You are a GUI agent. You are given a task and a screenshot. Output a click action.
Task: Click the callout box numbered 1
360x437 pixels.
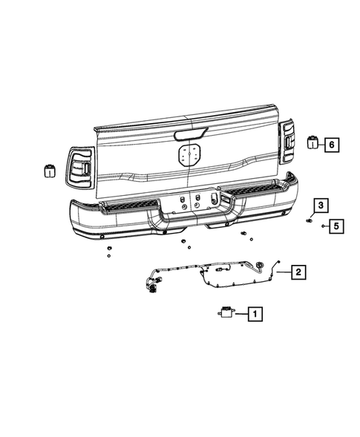[x=254, y=314]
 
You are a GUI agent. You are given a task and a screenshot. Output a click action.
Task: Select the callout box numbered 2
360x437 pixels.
[x=297, y=273]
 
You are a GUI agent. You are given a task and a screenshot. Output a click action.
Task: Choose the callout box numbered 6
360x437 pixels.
[x=331, y=143]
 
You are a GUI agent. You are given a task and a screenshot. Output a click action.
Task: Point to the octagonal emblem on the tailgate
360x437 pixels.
[x=189, y=156]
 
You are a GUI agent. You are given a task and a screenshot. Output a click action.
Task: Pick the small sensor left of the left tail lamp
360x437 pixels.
[x=50, y=170]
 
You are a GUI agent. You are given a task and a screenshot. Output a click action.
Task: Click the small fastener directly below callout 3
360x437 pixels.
[x=308, y=220]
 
